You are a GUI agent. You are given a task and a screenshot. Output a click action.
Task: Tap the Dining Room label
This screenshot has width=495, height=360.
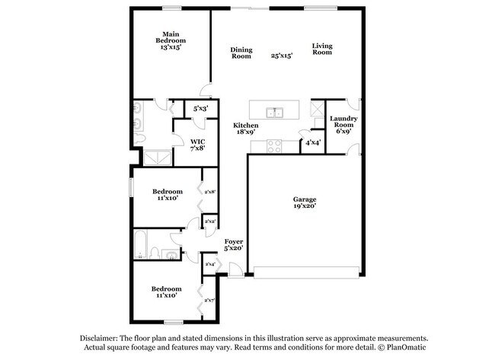[241, 53]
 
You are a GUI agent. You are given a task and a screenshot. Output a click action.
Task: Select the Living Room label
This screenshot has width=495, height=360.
[322, 49]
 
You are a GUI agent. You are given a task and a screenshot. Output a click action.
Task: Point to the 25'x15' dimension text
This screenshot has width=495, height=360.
[282, 56]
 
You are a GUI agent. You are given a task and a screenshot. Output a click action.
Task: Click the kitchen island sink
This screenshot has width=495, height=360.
[274, 113]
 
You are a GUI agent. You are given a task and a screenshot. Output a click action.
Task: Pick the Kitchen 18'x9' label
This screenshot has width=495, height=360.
[244, 128]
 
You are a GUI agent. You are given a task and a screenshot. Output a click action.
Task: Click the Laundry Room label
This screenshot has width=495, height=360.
[340, 124]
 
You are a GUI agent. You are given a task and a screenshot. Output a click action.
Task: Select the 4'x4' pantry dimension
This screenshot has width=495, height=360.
[312, 142]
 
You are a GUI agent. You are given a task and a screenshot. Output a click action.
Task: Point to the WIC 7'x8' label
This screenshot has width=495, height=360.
[197, 144]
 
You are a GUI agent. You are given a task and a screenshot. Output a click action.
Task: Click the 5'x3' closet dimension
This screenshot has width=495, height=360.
[200, 110]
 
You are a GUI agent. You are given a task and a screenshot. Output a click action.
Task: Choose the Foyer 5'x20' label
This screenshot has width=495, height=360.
[232, 244]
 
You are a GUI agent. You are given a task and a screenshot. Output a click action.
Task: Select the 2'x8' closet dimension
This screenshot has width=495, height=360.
[209, 192]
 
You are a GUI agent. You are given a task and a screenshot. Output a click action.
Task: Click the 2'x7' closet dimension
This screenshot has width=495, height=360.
[209, 301]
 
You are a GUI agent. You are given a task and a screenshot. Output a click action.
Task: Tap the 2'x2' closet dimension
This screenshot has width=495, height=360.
[209, 221]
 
